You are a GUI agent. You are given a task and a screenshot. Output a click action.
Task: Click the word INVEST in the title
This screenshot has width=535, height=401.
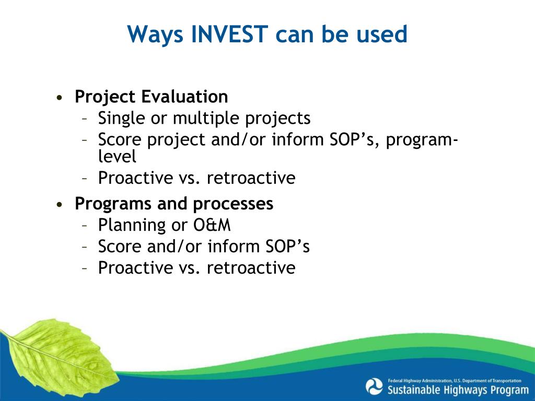(x=229, y=34)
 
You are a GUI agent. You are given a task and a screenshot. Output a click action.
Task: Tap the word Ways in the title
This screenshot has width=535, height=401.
(x=155, y=35)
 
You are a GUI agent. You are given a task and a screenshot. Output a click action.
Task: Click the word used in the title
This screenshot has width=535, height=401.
(x=381, y=34)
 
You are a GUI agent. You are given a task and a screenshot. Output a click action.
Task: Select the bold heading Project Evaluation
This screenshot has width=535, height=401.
(x=151, y=97)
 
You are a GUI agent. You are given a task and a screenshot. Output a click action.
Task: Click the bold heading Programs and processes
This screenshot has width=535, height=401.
(x=174, y=204)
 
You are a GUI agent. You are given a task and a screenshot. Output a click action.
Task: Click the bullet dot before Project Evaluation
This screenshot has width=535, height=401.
(x=60, y=98)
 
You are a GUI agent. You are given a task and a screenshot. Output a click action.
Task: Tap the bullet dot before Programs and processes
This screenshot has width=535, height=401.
(x=60, y=205)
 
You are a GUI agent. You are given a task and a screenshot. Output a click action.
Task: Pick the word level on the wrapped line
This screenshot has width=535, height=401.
(x=117, y=156)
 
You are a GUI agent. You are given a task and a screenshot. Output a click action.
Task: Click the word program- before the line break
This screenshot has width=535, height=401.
(x=422, y=140)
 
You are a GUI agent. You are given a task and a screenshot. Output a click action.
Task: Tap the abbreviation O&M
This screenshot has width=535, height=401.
(x=212, y=225)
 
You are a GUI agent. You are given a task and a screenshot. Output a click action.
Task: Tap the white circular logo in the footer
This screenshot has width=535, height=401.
(x=374, y=387)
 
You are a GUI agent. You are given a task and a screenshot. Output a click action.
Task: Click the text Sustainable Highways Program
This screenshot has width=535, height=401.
(x=458, y=390)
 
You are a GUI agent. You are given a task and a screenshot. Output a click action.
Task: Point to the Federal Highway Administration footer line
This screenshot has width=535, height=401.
(x=455, y=381)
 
